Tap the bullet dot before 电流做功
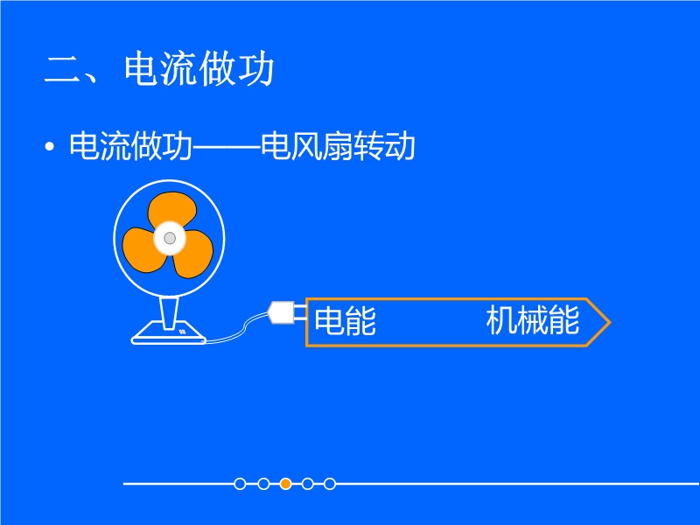pos(50,146)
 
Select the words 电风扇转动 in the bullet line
pos(338,145)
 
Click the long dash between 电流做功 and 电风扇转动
pos(227,146)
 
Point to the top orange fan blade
pos(172,209)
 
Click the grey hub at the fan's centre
pos(170,238)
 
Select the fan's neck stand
pos(169,312)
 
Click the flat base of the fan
pos(169,334)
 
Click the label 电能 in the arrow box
pos(345,320)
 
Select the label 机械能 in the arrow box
pos(533,319)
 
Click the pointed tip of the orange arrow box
pos(610,322)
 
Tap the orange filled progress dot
pos(286,484)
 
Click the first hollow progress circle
pos(240,484)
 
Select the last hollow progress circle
pos(330,484)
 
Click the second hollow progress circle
pos(263,484)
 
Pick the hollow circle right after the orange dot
pos(308,484)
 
